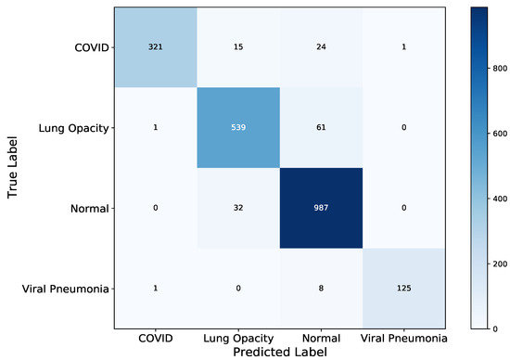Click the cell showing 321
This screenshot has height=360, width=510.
click(x=156, y=46)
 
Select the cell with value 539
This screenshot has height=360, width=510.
click(x=237, y=127)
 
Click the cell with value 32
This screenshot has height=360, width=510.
click(x=237, y=208)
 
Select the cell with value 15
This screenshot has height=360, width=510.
click(x=237, y=46)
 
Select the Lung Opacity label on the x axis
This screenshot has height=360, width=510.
click(x=237, y=338)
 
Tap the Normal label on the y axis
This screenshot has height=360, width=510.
click(x=85, y=208)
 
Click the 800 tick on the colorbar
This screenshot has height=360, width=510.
click(x=499, y=68)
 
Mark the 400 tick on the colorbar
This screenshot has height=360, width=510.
click(x=499, y=198)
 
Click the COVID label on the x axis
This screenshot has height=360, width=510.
click(x=156, y=338)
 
